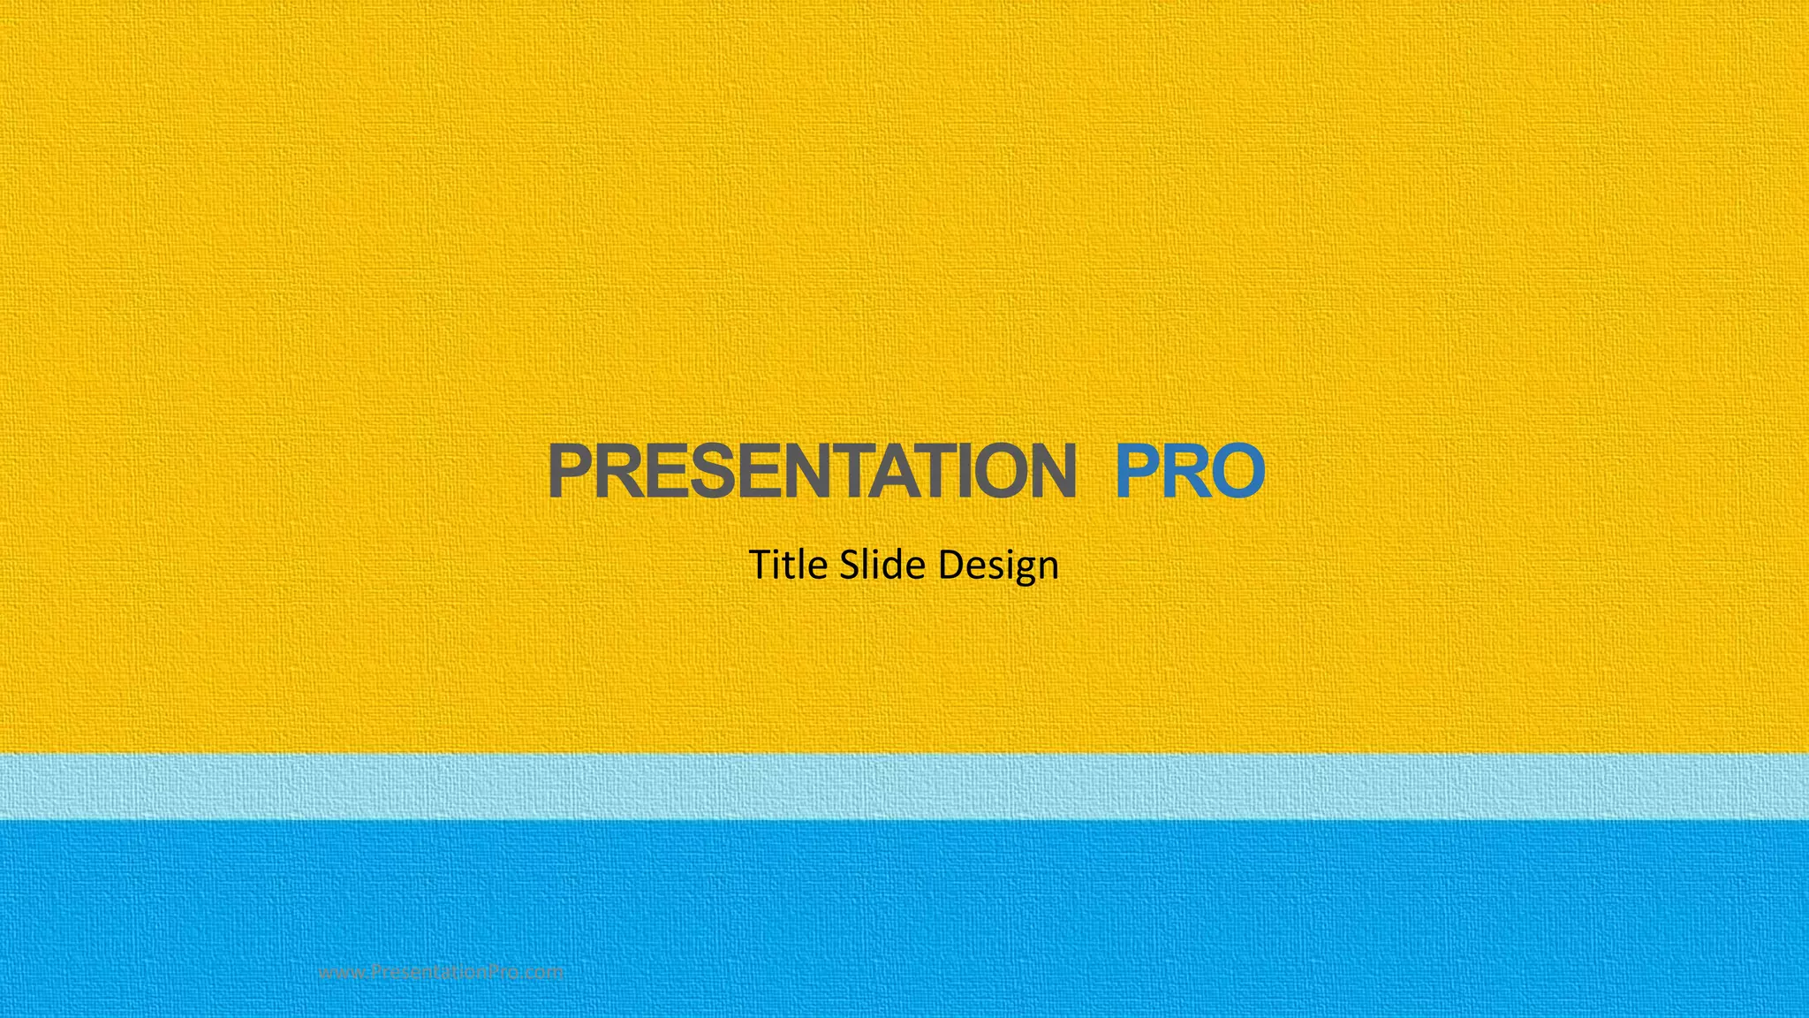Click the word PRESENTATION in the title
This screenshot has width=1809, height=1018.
coord(812,471)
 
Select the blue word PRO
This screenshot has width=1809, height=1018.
coord(1190,471)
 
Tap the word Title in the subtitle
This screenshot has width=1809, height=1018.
coord(788,565)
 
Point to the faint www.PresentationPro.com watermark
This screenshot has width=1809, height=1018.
coord(441,972)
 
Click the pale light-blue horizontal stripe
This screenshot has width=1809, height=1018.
coord(904,786)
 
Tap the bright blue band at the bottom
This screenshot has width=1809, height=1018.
coord(904,919)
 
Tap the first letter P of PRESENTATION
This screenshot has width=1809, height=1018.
coord(570,471)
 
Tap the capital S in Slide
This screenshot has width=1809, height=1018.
coord(850,565)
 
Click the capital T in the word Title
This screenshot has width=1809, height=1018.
coord(761,564)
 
